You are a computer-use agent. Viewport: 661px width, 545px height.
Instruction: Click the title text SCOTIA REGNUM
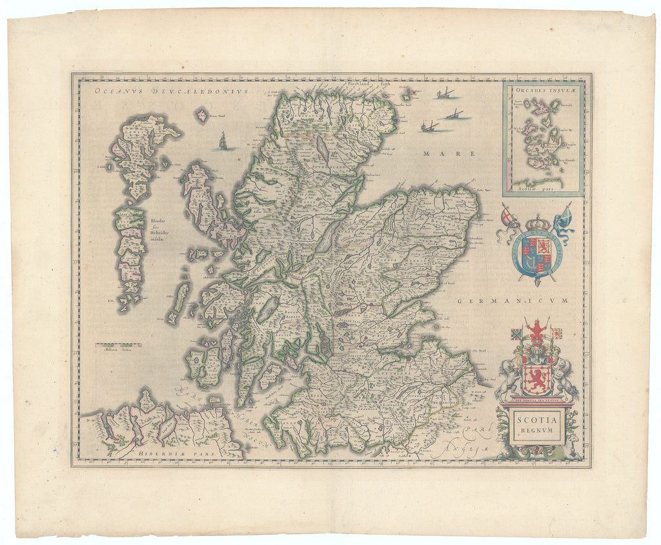click(536, 426)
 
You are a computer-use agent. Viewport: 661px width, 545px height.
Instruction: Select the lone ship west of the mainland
click(223, 141)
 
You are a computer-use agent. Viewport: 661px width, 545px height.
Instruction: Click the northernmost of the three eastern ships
click(444, 94)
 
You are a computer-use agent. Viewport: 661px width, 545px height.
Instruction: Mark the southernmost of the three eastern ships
click(427, 127)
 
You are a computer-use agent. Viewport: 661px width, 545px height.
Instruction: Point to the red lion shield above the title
click(536, 379)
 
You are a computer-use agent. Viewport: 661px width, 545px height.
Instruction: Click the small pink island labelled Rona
click(201, 116)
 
